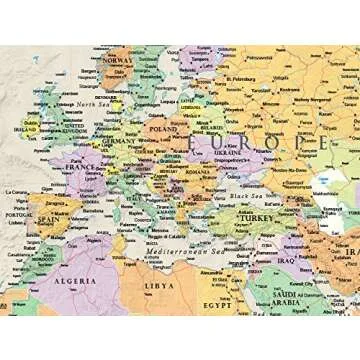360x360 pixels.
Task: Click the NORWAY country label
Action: coord(119,59)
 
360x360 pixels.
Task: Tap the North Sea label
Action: coord(92,104)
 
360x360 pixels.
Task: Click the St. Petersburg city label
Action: coord(243,77)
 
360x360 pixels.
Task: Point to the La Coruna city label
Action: coord(17,191)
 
